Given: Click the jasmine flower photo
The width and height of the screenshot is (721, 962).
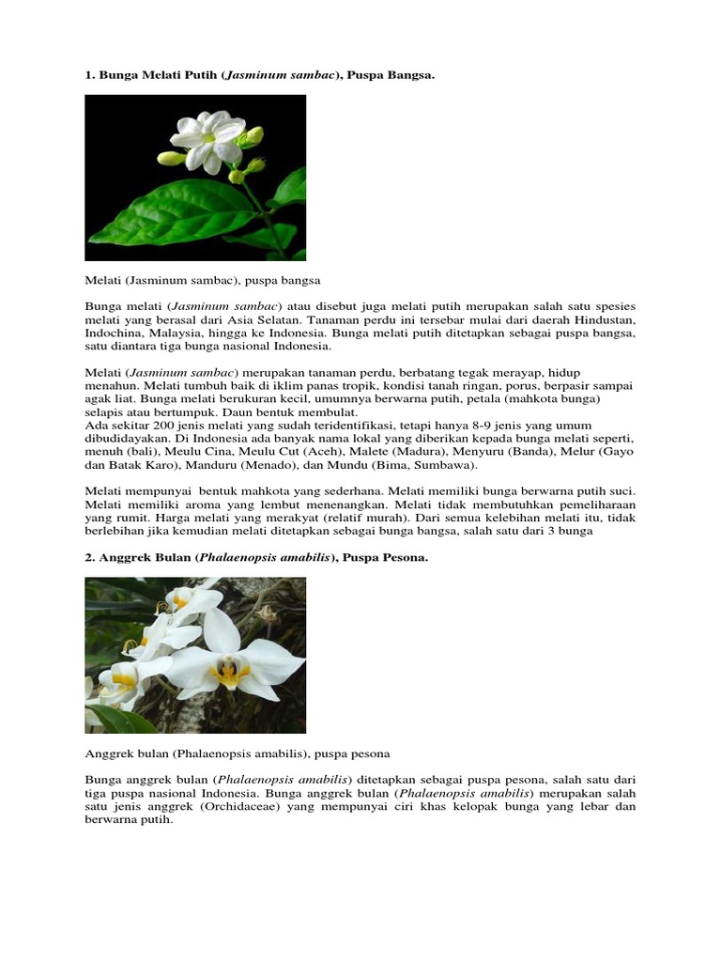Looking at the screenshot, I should [195, 178].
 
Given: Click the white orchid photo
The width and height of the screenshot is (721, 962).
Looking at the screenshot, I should [195, 655].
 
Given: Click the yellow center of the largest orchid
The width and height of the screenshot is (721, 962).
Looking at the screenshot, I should [229, 671].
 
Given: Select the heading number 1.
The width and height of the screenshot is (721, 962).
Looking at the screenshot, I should [89, 74].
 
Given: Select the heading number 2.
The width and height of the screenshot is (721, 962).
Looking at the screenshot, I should [89, 558].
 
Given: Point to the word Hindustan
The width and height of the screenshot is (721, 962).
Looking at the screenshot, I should [605, 319].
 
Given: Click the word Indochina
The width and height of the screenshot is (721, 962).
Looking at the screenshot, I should [114, 333].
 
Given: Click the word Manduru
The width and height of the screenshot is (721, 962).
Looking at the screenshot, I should [211, 465].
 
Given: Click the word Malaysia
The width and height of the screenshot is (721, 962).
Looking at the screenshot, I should [177, 333].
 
